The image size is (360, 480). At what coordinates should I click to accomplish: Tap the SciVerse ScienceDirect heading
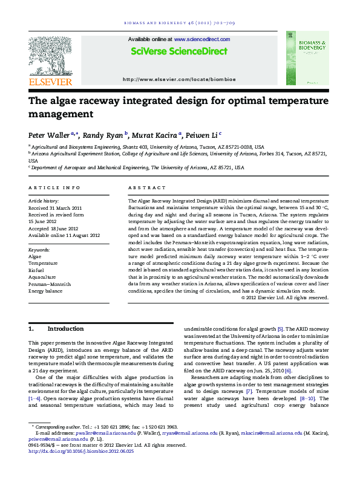(x=180, y=51)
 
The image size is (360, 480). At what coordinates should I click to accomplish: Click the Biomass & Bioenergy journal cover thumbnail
(x=307, y=58)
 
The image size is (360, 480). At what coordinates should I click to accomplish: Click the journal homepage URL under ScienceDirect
(x=179, y=79)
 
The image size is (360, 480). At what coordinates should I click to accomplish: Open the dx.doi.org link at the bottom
(x=81, y=451)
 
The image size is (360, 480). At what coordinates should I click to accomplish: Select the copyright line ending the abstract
(x=284, y=297)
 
